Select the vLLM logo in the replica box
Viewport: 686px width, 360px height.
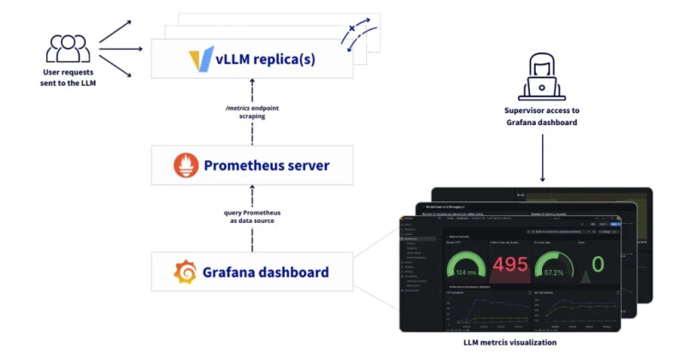point(200,61)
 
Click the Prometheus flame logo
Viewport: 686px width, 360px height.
point(184,165)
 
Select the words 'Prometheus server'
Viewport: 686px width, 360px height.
point(266,165)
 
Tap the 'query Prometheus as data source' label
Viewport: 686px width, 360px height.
point(252,217)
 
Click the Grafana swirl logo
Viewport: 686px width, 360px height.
point(185,273)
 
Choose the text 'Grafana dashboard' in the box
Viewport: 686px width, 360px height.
point(265,273)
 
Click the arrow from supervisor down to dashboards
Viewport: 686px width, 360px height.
point(542,159)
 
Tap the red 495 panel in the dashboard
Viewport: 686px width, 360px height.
point(509,265)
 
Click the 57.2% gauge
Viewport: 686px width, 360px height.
point(554,267)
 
